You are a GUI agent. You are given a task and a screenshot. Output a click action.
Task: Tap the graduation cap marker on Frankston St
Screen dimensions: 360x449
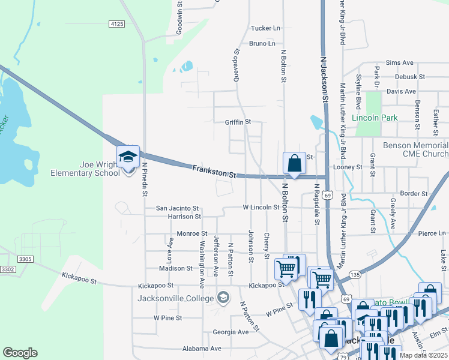coord(128,157)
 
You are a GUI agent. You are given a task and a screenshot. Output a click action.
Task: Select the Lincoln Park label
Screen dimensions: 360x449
coord(375,118)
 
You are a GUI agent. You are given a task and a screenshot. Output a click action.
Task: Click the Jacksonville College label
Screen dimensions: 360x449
coord(176,298)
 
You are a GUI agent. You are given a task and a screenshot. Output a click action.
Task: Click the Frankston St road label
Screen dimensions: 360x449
coord(214,172)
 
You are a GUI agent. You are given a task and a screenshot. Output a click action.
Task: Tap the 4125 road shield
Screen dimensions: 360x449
coord(116,24)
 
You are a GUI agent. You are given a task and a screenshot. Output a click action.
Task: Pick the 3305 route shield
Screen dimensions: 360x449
coord(25,259)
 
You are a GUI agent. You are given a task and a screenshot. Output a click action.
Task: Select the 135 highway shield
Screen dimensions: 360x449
coord(355,274)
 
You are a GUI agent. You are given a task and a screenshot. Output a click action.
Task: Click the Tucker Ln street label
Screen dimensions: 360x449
coord(265,28)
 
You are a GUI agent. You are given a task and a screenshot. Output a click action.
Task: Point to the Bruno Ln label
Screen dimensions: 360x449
coord(262,43)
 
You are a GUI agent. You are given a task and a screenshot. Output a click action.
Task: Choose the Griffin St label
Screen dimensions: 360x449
coord(237,122)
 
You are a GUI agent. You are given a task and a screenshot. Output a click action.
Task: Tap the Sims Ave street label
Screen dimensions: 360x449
coord(400,62)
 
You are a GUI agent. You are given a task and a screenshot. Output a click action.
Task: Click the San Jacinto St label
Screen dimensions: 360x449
coord(177,208)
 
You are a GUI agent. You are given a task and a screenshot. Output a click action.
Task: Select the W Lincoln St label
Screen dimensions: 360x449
coord(261,207)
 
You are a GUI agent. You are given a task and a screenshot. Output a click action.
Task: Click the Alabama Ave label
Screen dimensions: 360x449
coord(202,348)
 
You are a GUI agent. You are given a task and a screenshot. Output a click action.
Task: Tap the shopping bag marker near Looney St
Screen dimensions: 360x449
coord(294,163)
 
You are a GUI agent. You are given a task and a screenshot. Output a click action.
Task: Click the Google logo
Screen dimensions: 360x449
coord(20,353)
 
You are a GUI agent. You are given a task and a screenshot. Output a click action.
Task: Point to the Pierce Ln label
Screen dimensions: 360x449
coord(432,233)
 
